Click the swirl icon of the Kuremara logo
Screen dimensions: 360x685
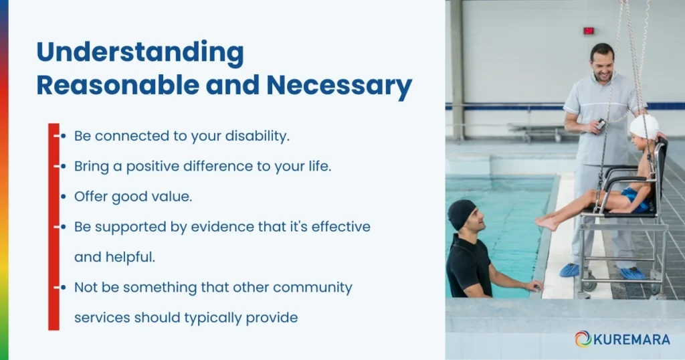[583, 339]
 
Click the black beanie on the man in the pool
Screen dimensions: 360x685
[461, 213]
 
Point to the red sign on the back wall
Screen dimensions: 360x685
[589, 30]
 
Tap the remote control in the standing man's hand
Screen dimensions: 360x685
[601, 124]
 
